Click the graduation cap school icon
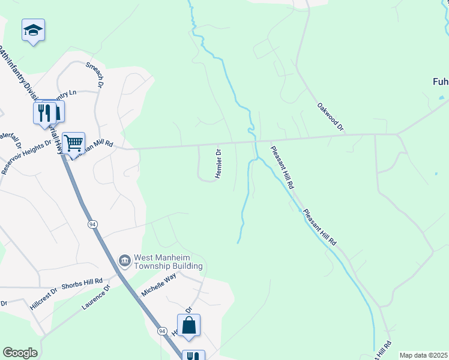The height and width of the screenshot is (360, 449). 34,31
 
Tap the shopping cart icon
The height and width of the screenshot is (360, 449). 73,143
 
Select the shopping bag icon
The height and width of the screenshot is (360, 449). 188,325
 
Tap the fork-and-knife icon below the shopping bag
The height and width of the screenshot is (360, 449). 193,356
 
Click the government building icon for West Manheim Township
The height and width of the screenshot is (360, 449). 125,260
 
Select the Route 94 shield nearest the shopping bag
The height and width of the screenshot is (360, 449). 162,331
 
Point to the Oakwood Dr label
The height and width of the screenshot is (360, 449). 331,116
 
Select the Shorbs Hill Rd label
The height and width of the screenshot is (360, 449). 82,281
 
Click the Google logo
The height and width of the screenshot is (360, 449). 20,353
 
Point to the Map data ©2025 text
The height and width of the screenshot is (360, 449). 424,355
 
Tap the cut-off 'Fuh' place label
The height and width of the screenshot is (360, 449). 441,82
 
